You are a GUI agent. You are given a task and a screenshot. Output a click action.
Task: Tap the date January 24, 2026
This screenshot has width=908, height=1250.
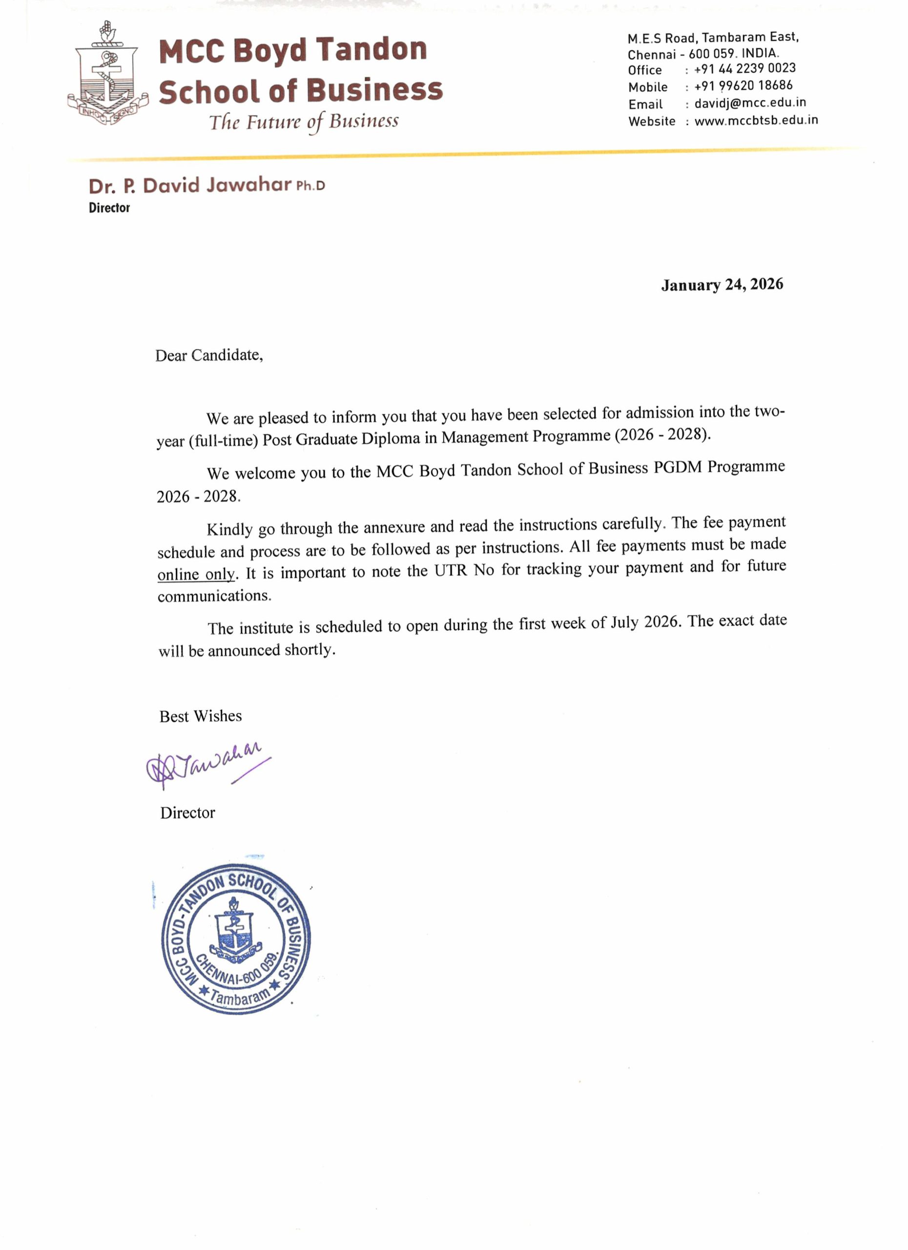[722, 284]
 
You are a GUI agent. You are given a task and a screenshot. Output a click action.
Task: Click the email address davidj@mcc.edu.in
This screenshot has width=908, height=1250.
[750, 103]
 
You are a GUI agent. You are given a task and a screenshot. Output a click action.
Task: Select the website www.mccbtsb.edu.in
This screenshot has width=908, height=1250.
[756, 120]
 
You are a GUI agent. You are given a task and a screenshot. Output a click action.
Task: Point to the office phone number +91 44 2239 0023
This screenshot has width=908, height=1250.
[744, 68]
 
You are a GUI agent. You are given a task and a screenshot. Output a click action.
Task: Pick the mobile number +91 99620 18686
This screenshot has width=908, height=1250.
[743, 85]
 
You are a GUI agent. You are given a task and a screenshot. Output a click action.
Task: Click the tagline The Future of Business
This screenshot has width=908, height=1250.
[304, 122]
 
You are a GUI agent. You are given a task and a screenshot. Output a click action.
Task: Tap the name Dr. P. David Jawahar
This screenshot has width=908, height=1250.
[189, 186]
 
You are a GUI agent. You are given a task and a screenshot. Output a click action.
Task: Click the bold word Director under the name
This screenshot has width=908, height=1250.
[109, 208]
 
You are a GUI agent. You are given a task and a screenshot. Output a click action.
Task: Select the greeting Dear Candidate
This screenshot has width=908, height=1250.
[209, 355]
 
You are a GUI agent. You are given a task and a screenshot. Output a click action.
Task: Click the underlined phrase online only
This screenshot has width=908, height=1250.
[197, 574]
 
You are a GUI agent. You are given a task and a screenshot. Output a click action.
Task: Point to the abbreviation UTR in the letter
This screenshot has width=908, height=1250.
[451, 570]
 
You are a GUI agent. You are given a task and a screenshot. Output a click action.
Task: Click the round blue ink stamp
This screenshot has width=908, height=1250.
[236, 938]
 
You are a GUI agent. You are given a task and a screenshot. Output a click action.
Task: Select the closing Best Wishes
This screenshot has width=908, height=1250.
[201, 716]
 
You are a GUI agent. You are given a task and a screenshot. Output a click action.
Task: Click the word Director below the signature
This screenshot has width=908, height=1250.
[187, 812]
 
